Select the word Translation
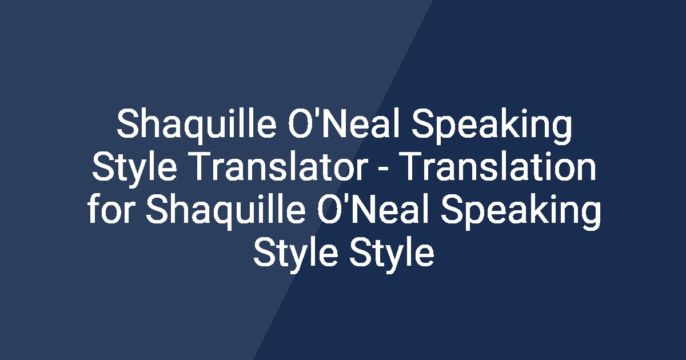500,167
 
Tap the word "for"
111,210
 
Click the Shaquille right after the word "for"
225,213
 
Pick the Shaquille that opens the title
197,126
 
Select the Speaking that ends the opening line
492,126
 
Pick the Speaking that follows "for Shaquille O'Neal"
521,213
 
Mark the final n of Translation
587,170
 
